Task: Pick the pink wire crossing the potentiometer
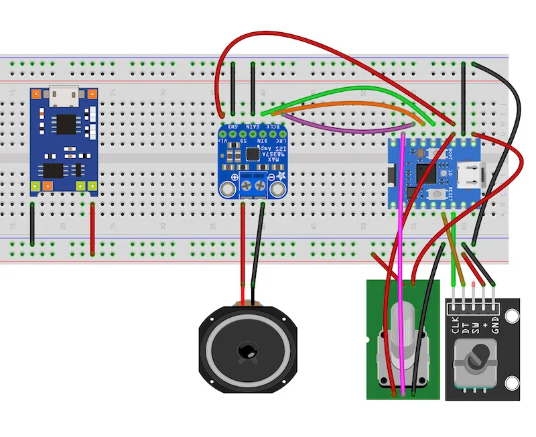[401, 268]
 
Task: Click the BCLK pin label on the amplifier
[273, 127]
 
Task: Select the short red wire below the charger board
[92, 228]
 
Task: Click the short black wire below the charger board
[31, 225]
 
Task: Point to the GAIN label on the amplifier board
[253, 127]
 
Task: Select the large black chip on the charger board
[66, 123]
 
